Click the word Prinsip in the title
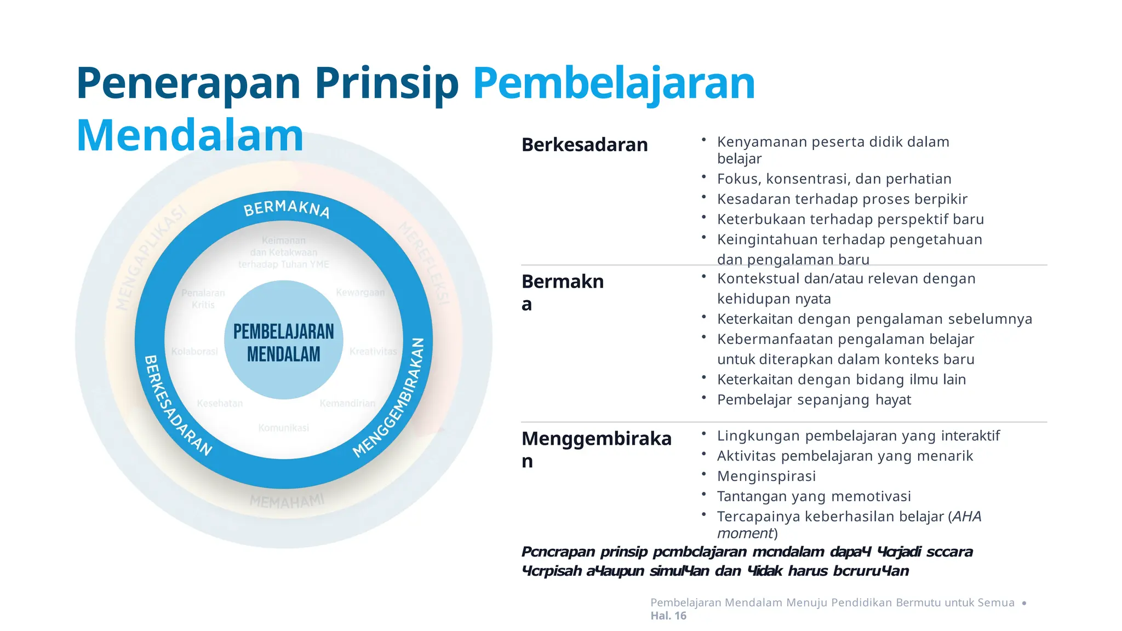(386, 83)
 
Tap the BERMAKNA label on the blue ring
(287, 209)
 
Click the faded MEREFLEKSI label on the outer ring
(425, 263)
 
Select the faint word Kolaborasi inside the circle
(194, 351)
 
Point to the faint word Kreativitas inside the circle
(373, 351)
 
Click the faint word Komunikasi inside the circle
(284, 428)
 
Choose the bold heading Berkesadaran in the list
(585, 145)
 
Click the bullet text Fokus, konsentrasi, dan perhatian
(834, 179)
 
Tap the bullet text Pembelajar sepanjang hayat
(814, 400)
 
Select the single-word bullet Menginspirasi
(766, 476)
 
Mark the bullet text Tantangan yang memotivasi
(814, 496)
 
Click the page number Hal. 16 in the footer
(668, 616)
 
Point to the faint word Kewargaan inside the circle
(360, 292)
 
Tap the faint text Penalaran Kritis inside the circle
(203, 299)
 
